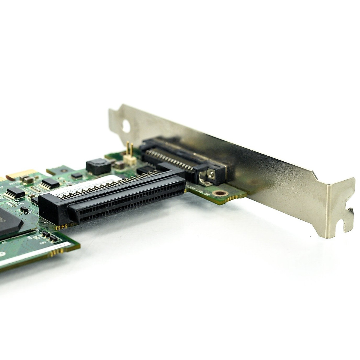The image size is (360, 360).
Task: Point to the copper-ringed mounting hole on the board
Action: pos(221,194)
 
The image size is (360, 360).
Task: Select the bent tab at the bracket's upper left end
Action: pos(115,115)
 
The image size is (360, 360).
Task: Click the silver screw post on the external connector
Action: pos(212,174)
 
